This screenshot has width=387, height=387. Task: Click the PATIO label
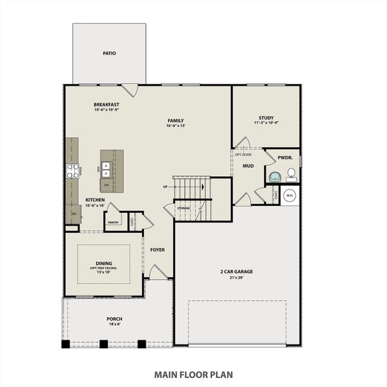[109, 53]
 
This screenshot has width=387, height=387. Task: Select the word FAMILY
[175, 120]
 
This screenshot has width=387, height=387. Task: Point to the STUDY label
[266, 117]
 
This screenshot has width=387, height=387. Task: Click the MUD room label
[248, 166]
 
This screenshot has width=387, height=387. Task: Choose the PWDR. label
[285, 157]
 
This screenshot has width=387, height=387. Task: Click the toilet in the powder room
[291, 173]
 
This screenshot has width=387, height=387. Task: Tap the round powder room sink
[274, 177]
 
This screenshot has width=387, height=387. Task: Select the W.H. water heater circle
[290, 195]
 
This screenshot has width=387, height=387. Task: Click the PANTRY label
[114, 222]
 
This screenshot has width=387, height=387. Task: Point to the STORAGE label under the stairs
[184, 208]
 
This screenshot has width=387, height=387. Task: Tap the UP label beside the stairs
[166, 187]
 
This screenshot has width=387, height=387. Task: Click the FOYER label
[157, 249]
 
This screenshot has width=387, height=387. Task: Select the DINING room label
[104, 263]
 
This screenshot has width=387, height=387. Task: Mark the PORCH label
[114, 319]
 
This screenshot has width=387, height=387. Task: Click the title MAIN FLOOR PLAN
[193, 373]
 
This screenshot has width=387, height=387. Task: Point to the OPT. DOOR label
[243, 155]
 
